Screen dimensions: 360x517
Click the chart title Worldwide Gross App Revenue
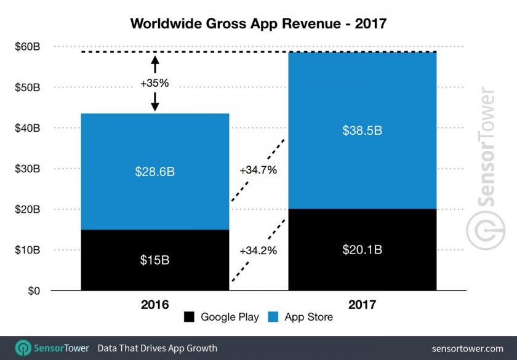(258, 23)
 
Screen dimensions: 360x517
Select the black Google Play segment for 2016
(154, 271)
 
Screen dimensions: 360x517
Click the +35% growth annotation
(154, 83)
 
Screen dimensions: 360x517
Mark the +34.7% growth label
(258, 169)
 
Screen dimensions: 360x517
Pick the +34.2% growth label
(258, 250)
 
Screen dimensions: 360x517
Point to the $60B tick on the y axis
(28, 47)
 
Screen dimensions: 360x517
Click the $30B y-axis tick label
(28, 169)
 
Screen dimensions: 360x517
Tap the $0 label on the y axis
(34, 290)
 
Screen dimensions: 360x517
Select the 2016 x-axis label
(154, 303)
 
